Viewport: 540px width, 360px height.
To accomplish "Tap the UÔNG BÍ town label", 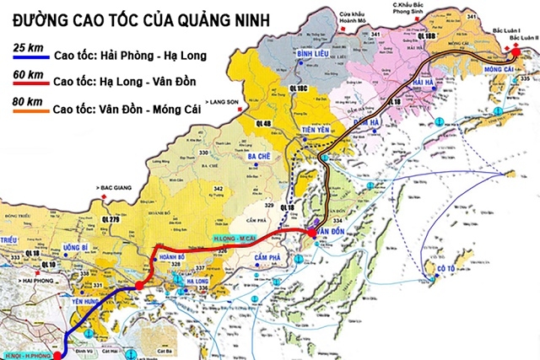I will (76, 248).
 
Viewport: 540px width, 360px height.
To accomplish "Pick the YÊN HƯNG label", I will (87, 301).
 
